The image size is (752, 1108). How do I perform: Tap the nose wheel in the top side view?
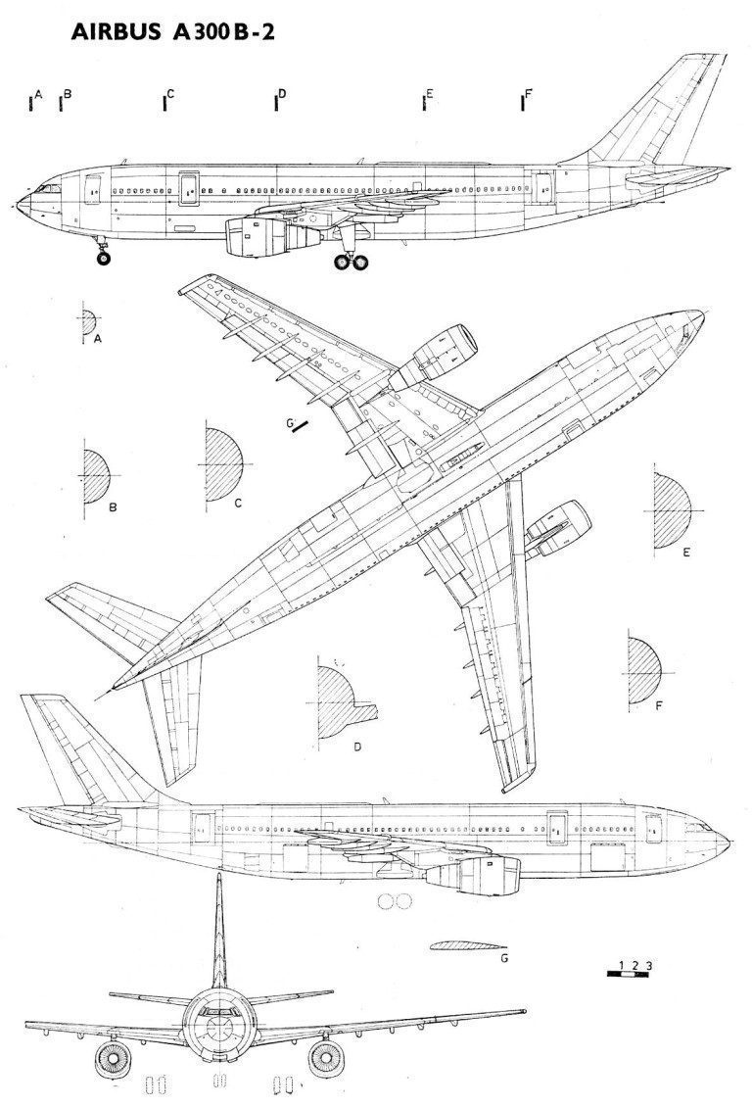103,258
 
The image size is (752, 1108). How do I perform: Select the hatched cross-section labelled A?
89,322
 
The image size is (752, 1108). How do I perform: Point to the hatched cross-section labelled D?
343,703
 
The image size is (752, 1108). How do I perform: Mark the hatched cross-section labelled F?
644,671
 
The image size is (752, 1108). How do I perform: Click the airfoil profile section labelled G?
467,944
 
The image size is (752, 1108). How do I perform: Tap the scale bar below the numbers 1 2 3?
628,974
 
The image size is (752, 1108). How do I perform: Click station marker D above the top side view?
276,103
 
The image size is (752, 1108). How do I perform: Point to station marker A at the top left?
31,103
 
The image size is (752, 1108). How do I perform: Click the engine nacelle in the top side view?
272,235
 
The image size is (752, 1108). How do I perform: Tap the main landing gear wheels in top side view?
351,263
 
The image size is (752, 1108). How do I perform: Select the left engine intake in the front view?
113,1059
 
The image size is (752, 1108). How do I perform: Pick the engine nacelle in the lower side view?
473,873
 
